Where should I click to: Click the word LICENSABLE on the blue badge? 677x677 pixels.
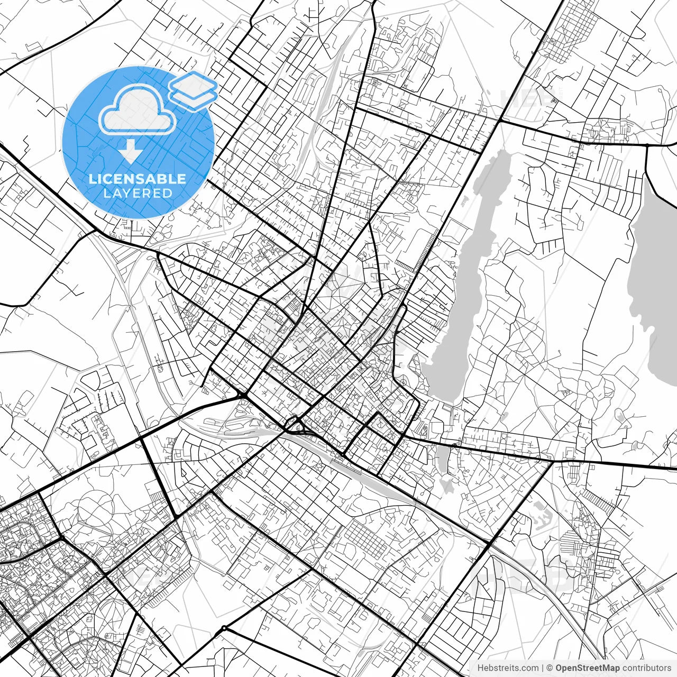click(138, 179)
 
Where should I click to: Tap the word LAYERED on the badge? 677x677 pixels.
click(138, 194)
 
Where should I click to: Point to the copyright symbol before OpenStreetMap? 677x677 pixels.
click(550, 667)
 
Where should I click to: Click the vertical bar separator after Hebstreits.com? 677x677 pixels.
click(543, 667)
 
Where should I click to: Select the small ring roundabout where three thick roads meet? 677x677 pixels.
click(224, 628)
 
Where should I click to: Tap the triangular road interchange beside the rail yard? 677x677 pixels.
click(292, 425)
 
